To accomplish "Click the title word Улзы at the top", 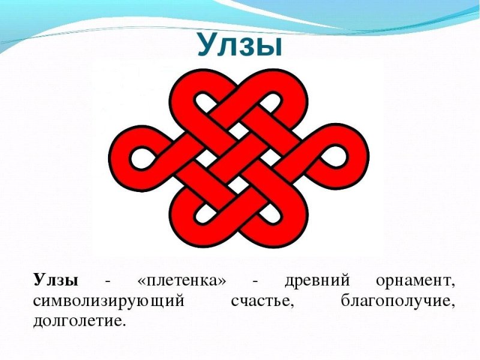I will [x=239, y=46].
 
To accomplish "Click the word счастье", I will [x=262, y=301].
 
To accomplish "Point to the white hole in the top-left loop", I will [x=200, y=100].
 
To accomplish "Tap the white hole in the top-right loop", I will [x=277, y=100].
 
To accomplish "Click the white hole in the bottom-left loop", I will [x=200, y=218].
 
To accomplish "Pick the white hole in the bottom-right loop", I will [x=277, y=218].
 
